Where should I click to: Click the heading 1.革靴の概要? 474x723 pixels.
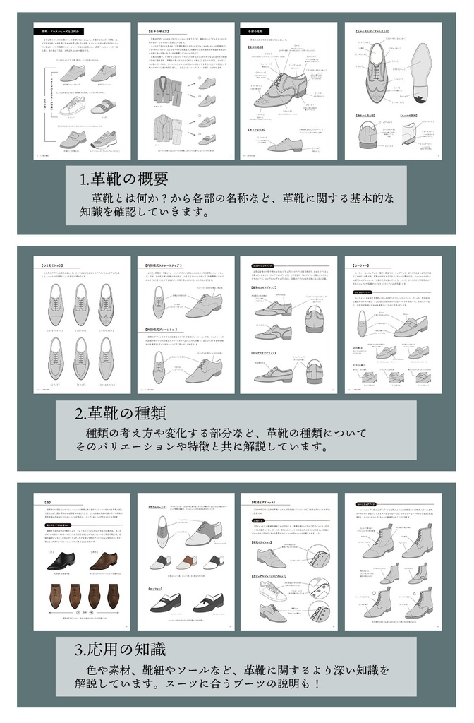124,179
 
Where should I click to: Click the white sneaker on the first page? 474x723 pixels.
71,106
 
